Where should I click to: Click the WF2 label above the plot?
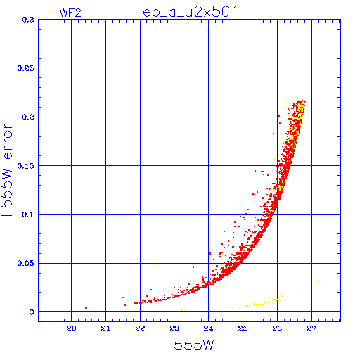(70, 13)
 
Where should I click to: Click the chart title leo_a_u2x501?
(188, 12)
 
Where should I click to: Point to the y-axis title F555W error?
(6, 169)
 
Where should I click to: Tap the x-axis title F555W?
(190, 345)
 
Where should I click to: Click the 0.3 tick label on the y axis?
(28, 20)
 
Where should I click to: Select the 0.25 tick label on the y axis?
(26, 68)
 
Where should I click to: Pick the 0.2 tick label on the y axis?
(28, 117)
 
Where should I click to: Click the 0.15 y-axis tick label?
(26, 166)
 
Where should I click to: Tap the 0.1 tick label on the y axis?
(28, 214)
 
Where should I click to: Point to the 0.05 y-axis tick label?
(26, 263)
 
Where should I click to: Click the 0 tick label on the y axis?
(32, 312)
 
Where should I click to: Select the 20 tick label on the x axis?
(71, 328)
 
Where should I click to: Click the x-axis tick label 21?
(105, 328)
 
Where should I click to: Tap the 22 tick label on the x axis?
(140, 328)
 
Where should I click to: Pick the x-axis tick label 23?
(174, 328)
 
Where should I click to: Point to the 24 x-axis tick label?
(208, 328)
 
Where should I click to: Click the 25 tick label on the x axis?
(243, 328)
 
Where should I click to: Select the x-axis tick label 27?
(311, 328)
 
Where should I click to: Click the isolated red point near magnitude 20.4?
(86, 308)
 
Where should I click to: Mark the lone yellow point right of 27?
(319, 282)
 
